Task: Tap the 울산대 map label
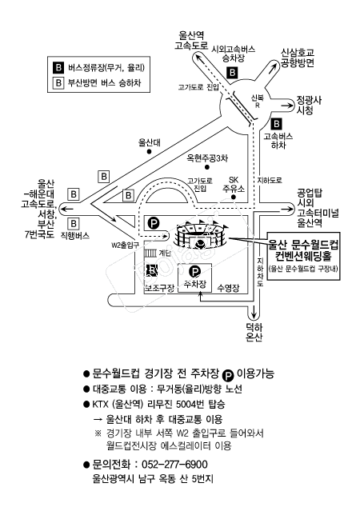[x=150, y=142]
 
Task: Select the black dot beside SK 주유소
[x=233, y=197]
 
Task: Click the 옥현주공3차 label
[x=207, y=158]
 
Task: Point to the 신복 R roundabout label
[x=258, y=101]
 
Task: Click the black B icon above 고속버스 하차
[x=277, y=124]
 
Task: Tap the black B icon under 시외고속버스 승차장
[x=233, y=72]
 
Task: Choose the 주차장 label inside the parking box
[x=195, y=284]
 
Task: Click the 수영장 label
[x=228, y=288]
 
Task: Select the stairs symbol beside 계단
[x=150, y=253]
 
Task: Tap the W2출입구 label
[x=125, y=245]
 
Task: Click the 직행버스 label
[x=74, y=236]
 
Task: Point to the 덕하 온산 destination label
[x=254, y=332]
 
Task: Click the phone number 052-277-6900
[x=174, y=464]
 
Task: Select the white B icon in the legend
[x=58, y=83]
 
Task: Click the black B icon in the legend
[x=58, y=67]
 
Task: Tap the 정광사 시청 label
[x=304, y=105]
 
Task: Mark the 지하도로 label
[x=270, y=180]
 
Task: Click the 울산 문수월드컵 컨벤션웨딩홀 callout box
[x=303, y=256]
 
